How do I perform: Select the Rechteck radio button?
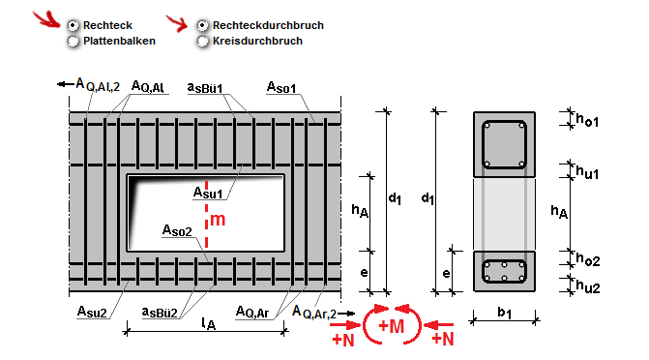coord(73,26)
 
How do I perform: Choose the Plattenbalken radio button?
coord(73,41)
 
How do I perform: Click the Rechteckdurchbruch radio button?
coord(202,26)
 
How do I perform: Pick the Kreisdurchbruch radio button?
coord(202,41)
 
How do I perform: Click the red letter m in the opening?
coord(218,220)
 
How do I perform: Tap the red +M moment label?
coord(391,326)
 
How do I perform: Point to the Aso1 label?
coord(281,87)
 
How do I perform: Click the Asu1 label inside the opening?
coord(208,193)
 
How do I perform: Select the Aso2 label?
coord(177,230)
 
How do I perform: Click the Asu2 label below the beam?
coord(92,311)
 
